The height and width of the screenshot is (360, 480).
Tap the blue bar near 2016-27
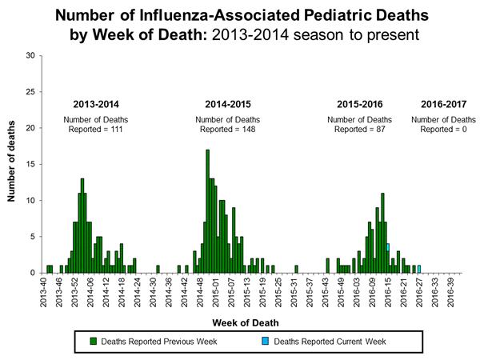(419, 269)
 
